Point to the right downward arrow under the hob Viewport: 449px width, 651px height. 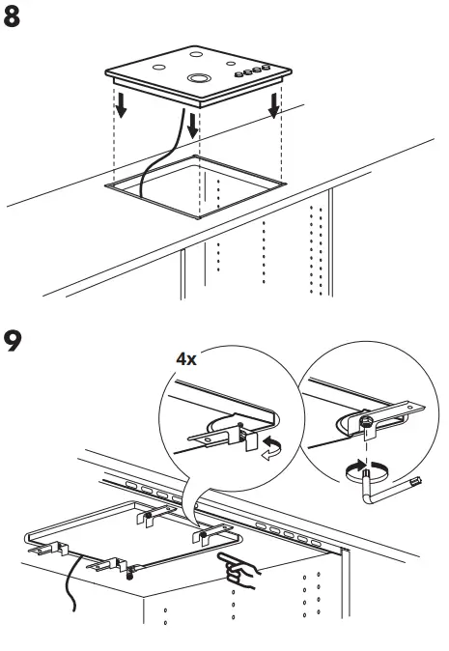276,106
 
